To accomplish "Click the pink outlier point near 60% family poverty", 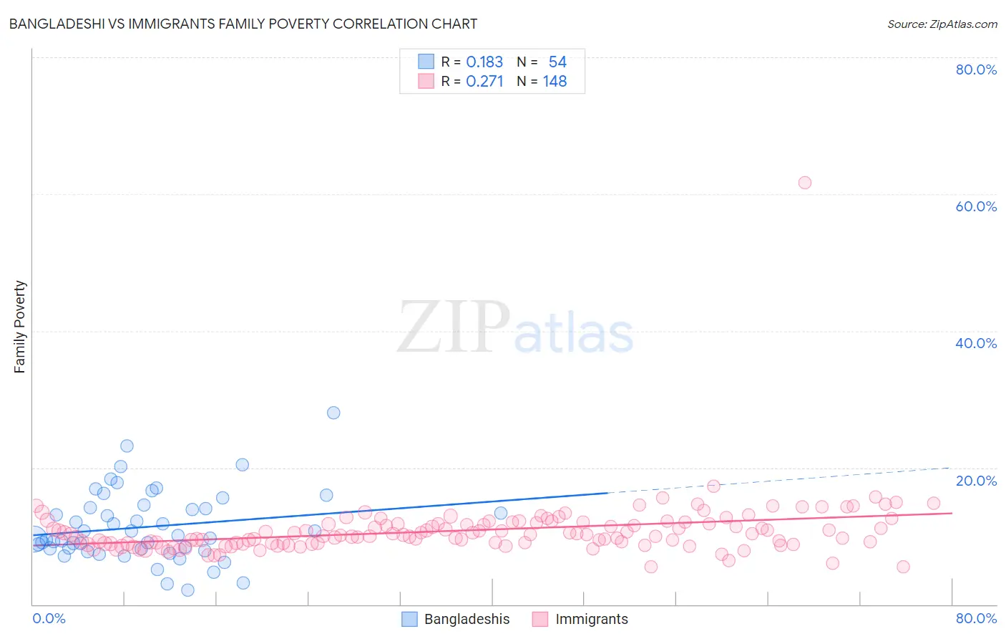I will coord(804,183).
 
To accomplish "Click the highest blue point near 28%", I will coord(333,413).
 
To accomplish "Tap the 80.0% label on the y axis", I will coord(976,69).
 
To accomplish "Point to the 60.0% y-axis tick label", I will coord(976,206).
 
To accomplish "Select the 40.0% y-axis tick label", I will coord(976,343).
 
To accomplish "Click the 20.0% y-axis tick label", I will coord(976,480).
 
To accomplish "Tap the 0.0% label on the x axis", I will coord(49,618).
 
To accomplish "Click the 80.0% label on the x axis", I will coord(976,618).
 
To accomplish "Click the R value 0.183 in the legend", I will coord(484,62).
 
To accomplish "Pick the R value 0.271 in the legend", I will coord(484,82).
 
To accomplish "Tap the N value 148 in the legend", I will coord(555,82).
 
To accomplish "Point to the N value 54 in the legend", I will coord(557,62).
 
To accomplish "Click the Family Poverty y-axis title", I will coord(20,327).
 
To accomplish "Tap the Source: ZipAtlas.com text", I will coord(942,24).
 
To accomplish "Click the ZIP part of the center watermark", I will coord(452,328).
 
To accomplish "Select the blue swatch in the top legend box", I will coord(426,62).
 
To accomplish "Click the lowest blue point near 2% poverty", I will coord(187,590).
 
